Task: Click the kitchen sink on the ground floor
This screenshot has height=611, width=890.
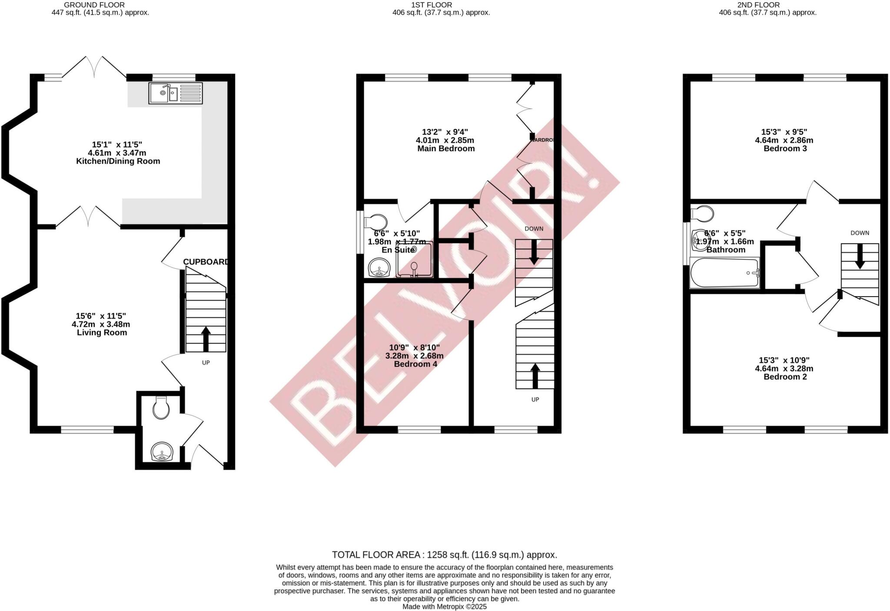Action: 175,93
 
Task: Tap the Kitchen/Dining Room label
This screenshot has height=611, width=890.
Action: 118,161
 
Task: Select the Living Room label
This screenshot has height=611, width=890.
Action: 102,333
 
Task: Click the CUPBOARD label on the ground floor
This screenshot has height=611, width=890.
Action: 206,262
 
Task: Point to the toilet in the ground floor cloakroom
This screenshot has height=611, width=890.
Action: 161,408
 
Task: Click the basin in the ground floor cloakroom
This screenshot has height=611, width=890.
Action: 163,452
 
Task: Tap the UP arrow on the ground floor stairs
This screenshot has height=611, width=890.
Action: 206,338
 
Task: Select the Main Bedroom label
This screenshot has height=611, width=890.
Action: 446,149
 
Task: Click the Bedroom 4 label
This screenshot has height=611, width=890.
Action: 415,364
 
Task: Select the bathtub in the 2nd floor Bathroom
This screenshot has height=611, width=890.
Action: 724,273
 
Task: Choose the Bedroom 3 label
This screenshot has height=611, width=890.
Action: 785,149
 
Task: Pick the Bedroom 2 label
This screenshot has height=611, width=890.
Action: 785,377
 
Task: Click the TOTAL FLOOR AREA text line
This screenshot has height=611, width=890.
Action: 445,555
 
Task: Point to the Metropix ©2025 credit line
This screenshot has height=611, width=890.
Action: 445,607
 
